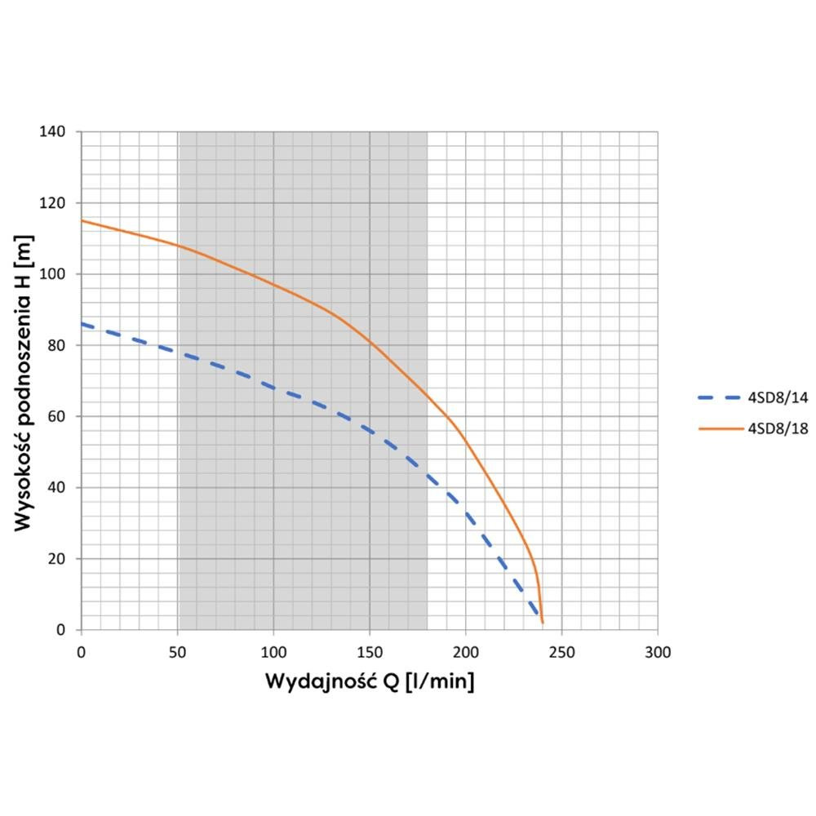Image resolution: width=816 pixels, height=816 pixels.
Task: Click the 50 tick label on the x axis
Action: pyautogui.click(x=177, y=652)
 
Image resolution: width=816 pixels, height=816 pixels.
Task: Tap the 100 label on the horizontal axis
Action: pyautogui.click(x=273, y=652)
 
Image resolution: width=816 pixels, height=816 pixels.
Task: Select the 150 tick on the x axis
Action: pyautogui.click(x=370, y=652)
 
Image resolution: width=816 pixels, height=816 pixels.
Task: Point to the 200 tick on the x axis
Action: pyautogui.click(x=465, y=652)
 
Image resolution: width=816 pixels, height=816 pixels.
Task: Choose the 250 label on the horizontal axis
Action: pyautogui.click(x=561, y=652)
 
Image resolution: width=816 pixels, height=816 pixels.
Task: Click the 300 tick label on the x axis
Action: pyautogui.click(x=658, y=652)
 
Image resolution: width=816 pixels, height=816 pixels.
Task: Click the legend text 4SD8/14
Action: pyautogui.click(x=779, y=397)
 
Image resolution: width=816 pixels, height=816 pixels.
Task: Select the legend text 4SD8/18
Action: pyautogui.click(x=779, y=428)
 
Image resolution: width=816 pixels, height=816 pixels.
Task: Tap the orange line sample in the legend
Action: pyautogui.click(x=719, y=428)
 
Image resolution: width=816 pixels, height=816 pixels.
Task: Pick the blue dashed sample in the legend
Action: pyautogui.click(x=719, y=397)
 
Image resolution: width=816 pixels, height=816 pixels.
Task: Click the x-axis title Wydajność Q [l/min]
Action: pyautogui.click(x=369, y=681)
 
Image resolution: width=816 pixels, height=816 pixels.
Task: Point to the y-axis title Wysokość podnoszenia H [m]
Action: pyautogui.click(x=24, y=380)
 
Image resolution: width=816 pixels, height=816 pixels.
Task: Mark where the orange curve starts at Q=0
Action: pyautogui.click(x=82, y=220)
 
